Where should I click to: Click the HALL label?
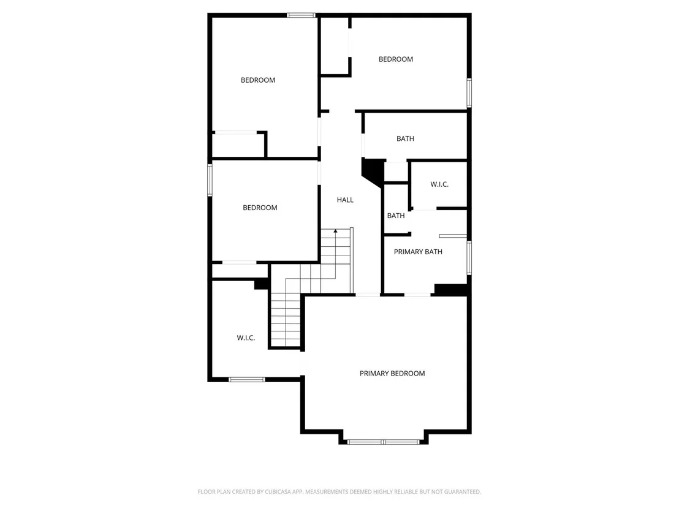[x=345, y=200]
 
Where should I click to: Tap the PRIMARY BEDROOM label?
[x=392, y=374]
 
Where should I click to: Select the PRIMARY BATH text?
[x=419, y=252]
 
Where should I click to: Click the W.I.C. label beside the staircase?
[x=246, y=338]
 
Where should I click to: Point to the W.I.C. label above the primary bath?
[x=439, y=184]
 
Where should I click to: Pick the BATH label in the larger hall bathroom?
[x=405, y=139]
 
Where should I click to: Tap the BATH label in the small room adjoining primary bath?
[x=396, y=216]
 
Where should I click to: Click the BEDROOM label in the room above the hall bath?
[x=396, y=59]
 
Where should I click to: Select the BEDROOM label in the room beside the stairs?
[x=260, y=208]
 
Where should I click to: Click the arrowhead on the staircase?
[x=336, y=231]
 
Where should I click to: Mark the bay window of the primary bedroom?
[x=383, y=442]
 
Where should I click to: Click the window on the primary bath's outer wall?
[x=469, y=257]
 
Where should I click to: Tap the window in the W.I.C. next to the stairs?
[x=247, y=380]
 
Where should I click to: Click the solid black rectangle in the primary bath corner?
[x=451, y=290]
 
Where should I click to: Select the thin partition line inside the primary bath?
[x=453, y=236]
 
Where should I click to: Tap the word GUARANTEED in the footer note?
[x=463, y=492]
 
